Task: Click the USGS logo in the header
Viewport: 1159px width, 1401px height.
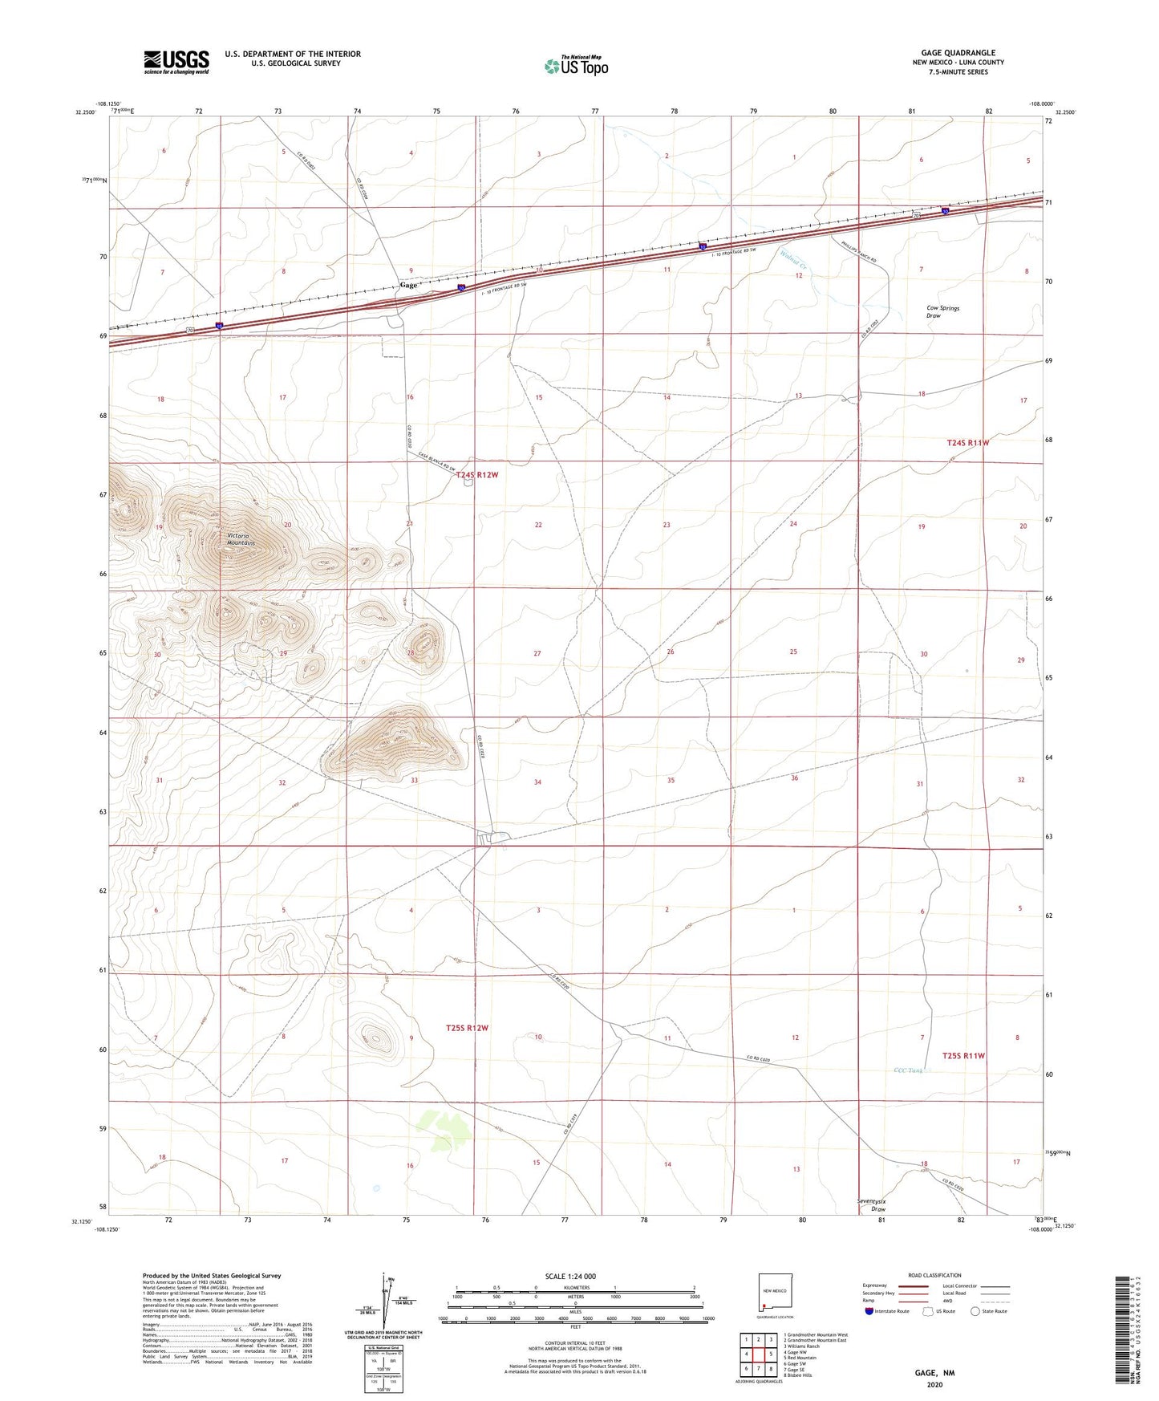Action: pyautogui.click(x=176, y=62)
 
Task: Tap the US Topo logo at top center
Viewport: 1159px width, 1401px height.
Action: pyautogui.click(x=576, y=66)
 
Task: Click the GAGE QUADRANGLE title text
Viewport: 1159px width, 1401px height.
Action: pyautogui.click(x=958, y=53)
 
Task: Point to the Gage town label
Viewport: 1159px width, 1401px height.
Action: pyautogui.click(x=408, y=285)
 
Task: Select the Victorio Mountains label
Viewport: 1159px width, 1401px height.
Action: pyautogui.click(x=240, y=539)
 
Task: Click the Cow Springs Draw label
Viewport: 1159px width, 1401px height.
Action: pyautogui.click(x=942, y=311)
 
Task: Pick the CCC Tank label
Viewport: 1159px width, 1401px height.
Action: pyautogui.click(x=909, y=1070)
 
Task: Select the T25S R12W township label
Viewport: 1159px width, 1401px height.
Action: pyautogui.click(x=467, y=1028)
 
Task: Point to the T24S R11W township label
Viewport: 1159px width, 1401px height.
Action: pyautogui.click(x=968, y=442)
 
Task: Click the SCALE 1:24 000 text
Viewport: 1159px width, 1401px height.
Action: pyautogui.click(x=570, y=1276)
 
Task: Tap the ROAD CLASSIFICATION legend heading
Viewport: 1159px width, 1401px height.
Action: pyautogui.click(x=934, y=1275)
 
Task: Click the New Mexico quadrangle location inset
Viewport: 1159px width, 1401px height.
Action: pyautogui.click(x=775, y=1293)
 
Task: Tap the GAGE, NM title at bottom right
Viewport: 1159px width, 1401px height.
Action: pyautogui.click(x=934, y=1373)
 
